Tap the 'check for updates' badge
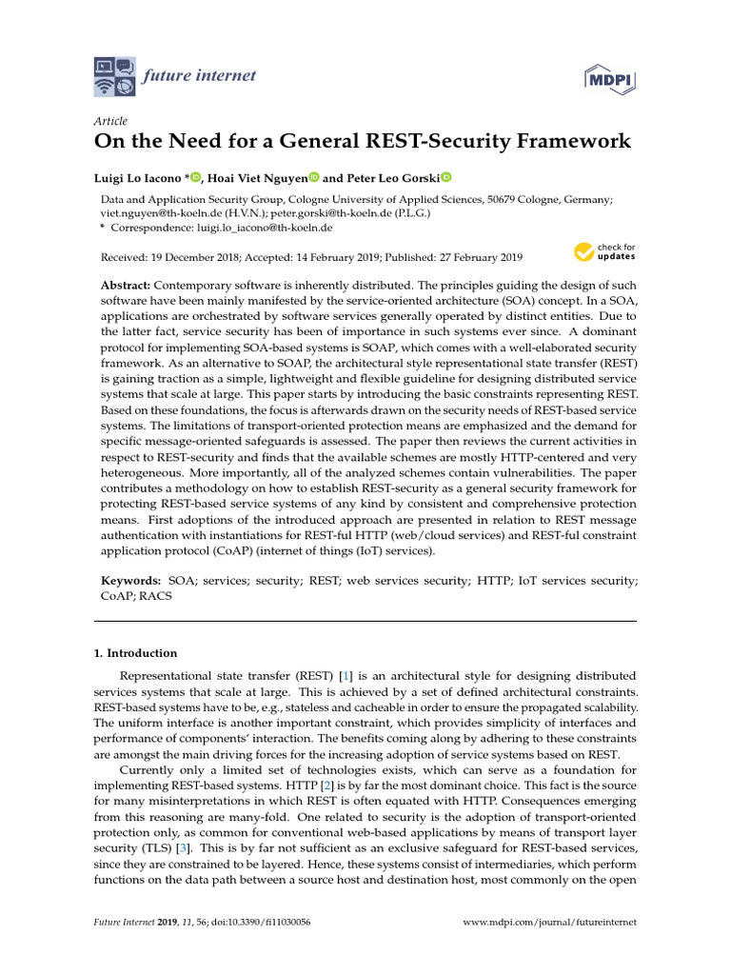(x=603, y=252)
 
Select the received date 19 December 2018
(x=201, y=257)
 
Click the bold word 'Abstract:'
(x=127, y=287)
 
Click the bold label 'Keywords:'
(x=131, y=580)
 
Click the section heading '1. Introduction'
(x=135, y=653)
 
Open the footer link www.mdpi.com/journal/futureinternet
(x=548, y=923)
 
